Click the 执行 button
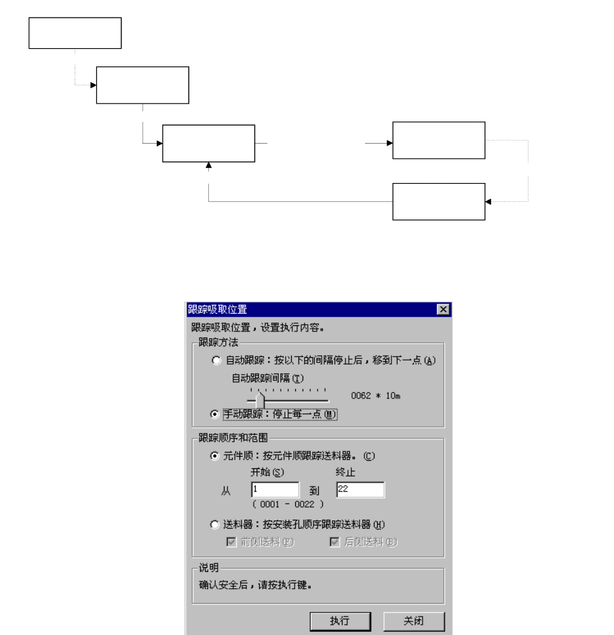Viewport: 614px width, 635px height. [339, 621]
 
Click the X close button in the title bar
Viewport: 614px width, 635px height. [444, 310]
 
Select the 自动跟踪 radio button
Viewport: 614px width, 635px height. [216, 361]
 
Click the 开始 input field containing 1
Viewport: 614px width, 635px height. [275, 490]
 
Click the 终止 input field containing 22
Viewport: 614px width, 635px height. [360, 490]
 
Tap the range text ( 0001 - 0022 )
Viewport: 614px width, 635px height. [288, 504]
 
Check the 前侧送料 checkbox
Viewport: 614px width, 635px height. [231, 541]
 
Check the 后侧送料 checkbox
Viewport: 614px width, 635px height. [334, 541]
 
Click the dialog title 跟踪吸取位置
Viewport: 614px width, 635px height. [218, 310]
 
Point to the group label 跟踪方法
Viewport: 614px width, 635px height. [214, 342]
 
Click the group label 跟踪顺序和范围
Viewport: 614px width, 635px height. [227, 438]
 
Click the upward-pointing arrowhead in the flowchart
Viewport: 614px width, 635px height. [208, 166]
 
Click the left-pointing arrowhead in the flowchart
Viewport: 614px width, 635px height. [488, 201]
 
